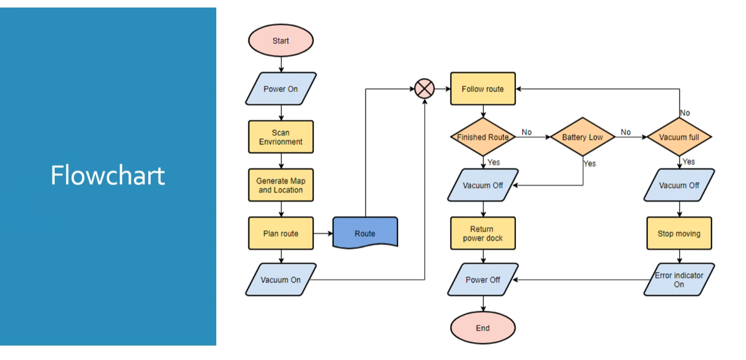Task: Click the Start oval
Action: pyautogui.click(x=281, y=41)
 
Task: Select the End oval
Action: pyautogui.click(x=482, y=328)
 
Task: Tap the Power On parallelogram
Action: pyautogui.click(x=281, y=89)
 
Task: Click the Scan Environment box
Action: pyautogui.click(x=281, y=137)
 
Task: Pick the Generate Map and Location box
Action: pyautogui.click(x=281, y=185)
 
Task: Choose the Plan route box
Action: pyautogui.click(x=281, y=233)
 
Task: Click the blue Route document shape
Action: pyautogui.click(x=365, y=233)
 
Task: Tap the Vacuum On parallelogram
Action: pyautogui.click(x=281, y=280)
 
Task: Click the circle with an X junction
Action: pyautogui.click(x=425, y=89)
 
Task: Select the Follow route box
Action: pyautogui.click(x=482, y=89)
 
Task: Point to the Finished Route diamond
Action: pyautogui.click(x=482, y=137)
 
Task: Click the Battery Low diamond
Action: pyautogui.click(x=582, y=137)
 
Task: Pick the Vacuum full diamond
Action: pyautogui.click(x=679, y=137)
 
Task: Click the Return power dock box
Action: pyautogui.click(x=482, y=233)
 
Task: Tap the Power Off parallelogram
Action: pyautogui.click(x=482, y=280)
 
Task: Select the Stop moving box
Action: pyautogui.click(x=679, y=233)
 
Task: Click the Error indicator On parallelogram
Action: pyautogui.click(x=679, y=280)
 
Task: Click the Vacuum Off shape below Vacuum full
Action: pyautogui.click(x=679, y=185)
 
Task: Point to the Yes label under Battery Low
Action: pyautogui.click(x=589, y=164)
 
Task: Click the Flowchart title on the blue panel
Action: pyautogui.click(x=108, y=175)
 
